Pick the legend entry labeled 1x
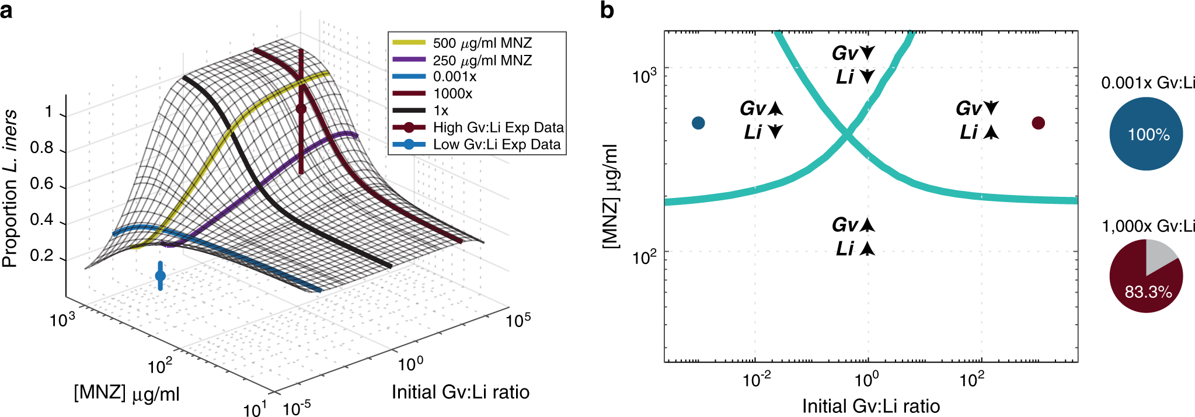pyautogui.click(x=441, y=110)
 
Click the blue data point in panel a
pyautogui.click(x=161, y=276)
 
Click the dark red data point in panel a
pyautogui.click(x=301, y=109)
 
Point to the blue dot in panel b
pyautogui.click(x=698, y=123)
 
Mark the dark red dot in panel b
pyautogui.click(x=1038, y=123)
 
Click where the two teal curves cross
pyautogui.click(x=846, y=135)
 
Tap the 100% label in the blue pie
pyautogui.click(x=1148, y=135)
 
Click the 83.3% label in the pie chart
pyautogui.click(x=1148, y=292)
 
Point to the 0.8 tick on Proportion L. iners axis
pyautogui.click(x=42, y=148)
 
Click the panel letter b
pyautogui.click(x=607, y=11)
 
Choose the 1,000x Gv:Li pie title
pyautogui.click(x=1148, y=226)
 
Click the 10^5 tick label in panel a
pyautogui.click(x=518, y=321)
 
